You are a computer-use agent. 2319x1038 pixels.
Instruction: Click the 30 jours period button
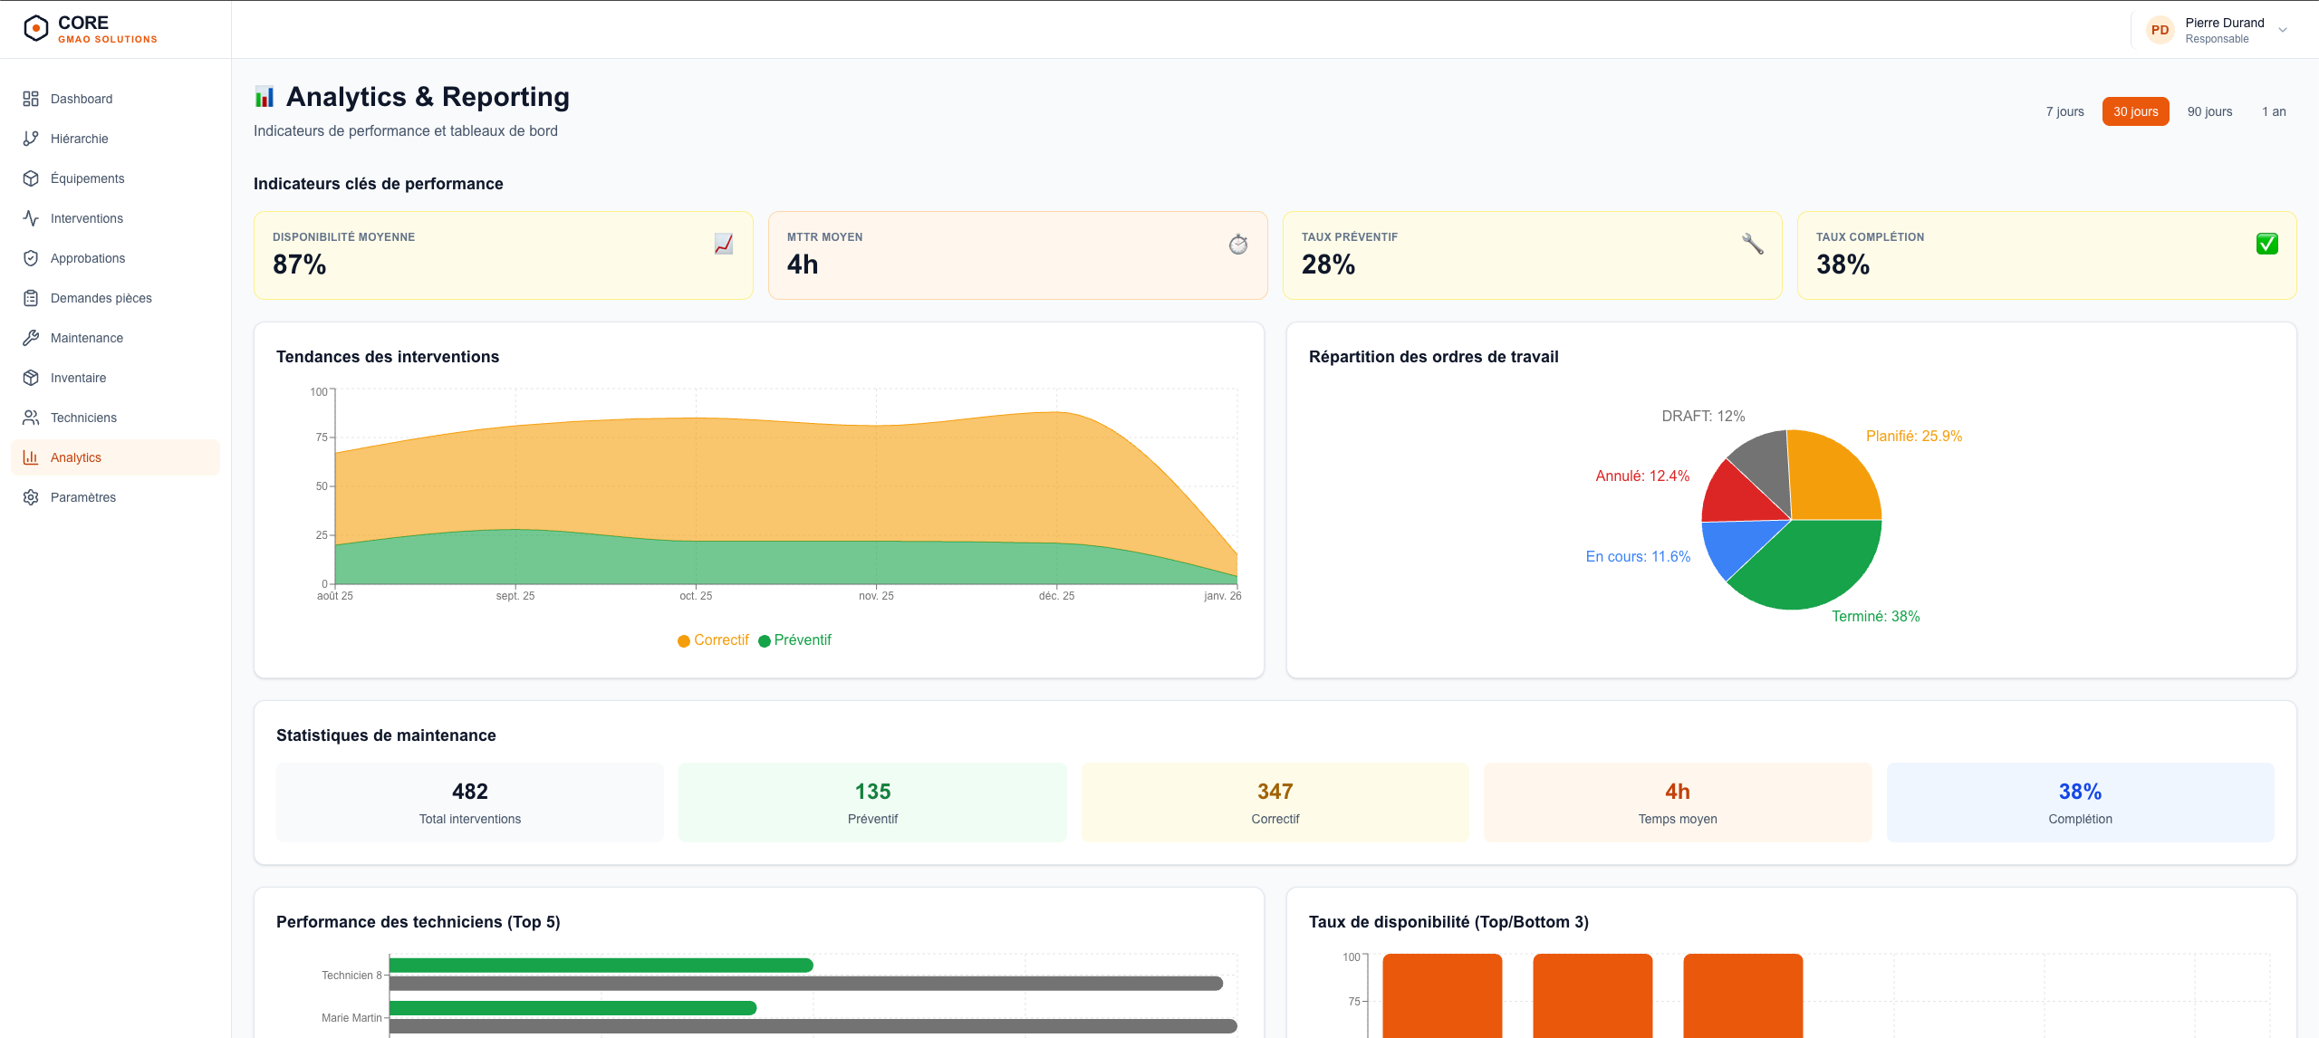click(x=2135, y=111)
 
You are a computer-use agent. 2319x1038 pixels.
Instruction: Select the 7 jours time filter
click(x=2064, y=111)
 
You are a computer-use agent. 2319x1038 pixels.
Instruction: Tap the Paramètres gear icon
click(x=31, y=497)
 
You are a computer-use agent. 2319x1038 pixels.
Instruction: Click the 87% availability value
click(x=299, y=264)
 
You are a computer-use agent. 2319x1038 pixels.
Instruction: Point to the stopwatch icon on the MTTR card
click(x=1238, y=244)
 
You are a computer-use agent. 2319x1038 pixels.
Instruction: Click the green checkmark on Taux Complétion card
click(x=2266, y=244)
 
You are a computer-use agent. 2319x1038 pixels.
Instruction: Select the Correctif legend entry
click(x=713, y=640)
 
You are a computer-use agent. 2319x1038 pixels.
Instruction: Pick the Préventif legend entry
click(x=794, y=640)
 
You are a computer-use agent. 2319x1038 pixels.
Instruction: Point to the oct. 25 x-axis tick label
click(x=696, y=596)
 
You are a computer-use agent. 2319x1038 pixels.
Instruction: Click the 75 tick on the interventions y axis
click(x=322, y=437)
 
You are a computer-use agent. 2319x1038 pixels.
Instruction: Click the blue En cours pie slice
click(x=1735, y=544)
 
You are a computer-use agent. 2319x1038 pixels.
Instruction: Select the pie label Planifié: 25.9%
click(x=1914, y=437)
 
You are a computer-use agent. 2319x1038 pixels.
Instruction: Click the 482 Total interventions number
click(x=470, y=792)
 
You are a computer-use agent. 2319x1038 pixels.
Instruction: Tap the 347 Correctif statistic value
click(x=1275, y=792)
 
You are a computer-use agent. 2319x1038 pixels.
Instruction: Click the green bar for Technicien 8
click(x=601, y=966)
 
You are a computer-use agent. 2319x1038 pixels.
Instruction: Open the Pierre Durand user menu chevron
click(x=2283, y=30)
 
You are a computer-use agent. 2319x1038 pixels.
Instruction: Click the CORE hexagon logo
click(x=35, y=28)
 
